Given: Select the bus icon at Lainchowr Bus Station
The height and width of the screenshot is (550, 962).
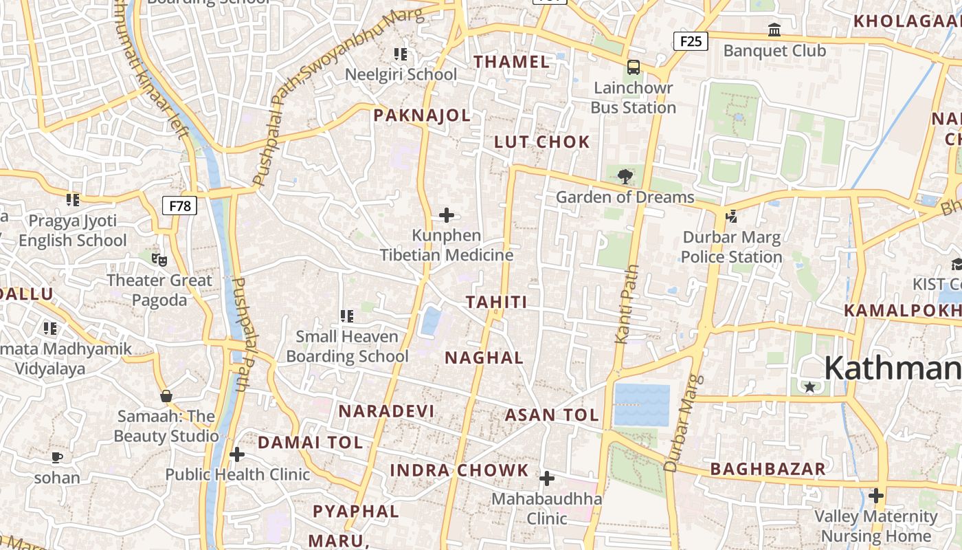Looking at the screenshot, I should (633, 67).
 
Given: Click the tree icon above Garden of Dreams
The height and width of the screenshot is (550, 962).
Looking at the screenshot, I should (625, 177).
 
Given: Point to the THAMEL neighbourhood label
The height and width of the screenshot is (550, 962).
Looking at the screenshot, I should (512, 62).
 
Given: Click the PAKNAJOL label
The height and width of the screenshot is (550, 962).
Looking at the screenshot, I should (422, 115).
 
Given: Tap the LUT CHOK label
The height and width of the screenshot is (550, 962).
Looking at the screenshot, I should (542, 142).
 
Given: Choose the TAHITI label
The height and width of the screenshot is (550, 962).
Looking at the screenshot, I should (497, 302).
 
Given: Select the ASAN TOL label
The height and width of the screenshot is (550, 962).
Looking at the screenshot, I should (552, 415).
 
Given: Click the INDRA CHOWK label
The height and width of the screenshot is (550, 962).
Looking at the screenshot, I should (460, 471).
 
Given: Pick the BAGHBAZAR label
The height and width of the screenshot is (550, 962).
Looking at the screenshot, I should (768, 470).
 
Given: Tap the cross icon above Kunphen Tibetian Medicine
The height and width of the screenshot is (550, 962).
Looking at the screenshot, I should (447, 215).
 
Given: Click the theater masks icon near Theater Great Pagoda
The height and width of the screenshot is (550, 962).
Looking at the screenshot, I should (159, 259).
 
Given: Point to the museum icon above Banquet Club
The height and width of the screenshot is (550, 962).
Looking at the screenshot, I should (774, 30).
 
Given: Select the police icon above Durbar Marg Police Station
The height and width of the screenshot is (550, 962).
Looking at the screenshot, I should (731, 217).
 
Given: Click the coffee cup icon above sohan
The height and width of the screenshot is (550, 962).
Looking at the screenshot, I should (57, 457).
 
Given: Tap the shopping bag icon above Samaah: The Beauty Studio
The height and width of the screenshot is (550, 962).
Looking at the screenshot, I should (166, 396).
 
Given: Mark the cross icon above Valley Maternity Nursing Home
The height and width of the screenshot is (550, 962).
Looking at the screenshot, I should (876, 495).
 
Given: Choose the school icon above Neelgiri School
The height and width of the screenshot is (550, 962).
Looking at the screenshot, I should (401, 54).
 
